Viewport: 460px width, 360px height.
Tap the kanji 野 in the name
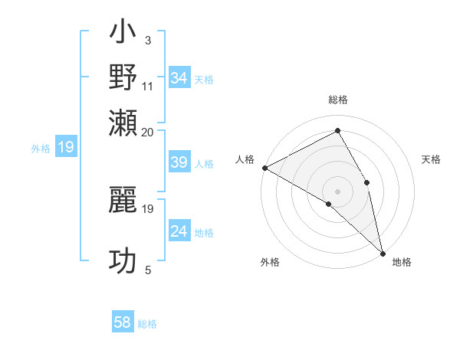tap(123, 77)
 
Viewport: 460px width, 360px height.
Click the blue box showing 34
tap(179, 78)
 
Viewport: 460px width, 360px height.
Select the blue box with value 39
tap(179, 162)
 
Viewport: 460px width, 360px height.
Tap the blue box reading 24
tap(179, 231)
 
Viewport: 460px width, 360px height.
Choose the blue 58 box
tap(123, 323)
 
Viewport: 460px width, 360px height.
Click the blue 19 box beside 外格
tap(66, 147)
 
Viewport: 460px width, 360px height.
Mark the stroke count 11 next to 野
tap(148, 86)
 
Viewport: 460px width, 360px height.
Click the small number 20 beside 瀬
tap(148, 131)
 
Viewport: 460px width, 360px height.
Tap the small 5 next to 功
tap(148, 270)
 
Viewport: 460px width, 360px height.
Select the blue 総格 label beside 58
tap(147, 324)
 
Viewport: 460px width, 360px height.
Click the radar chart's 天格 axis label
tap(431, 159)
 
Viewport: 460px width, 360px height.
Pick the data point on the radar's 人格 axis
tap(264, 168)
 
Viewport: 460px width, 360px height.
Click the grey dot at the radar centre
tap(337, 191)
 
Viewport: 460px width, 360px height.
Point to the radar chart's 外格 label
tap(270, 262)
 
